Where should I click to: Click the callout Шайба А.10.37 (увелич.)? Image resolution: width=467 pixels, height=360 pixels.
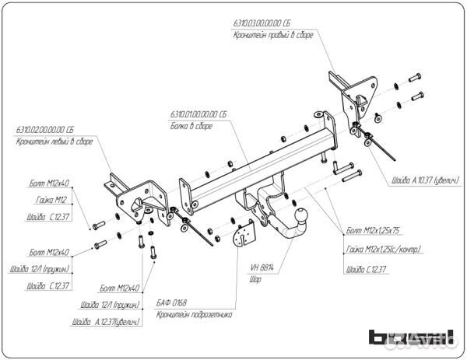click(x=423, y=180)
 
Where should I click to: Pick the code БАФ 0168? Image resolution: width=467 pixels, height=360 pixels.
click(x=176, y=302)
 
